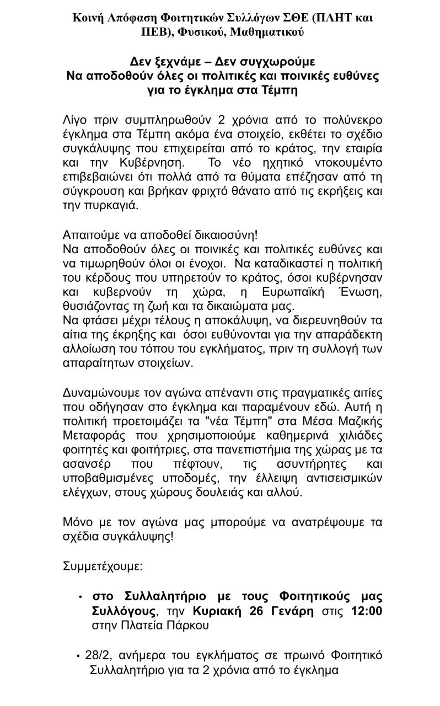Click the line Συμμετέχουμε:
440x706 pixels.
[96, 566]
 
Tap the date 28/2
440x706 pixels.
[96, 656]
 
